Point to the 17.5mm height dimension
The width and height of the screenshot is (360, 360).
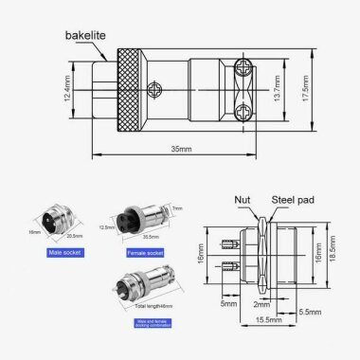click(315, 92)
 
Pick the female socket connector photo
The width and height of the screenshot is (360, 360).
click(132, 220)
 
